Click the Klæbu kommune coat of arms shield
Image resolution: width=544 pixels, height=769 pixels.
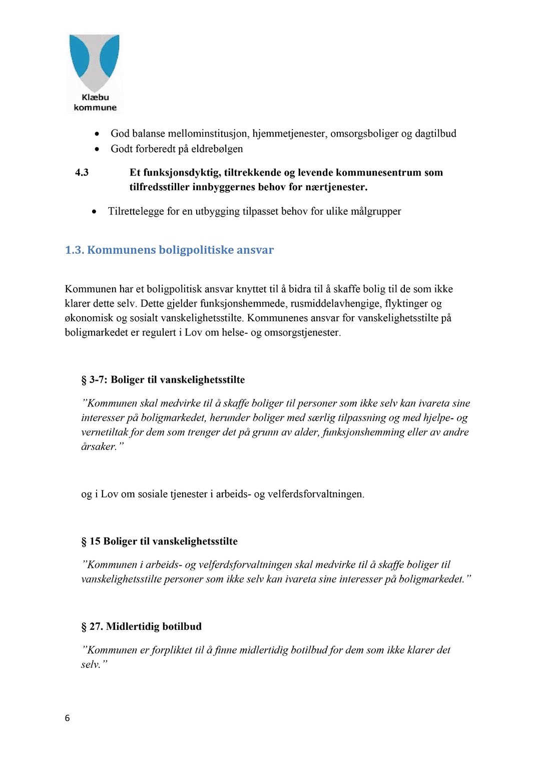[x=95, y=62]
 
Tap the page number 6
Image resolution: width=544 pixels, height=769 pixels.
[x=68, y=718]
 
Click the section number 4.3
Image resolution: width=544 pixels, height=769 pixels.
[x=82, y=173]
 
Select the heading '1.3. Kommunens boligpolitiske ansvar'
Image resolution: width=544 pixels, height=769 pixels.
[x=169, y=250]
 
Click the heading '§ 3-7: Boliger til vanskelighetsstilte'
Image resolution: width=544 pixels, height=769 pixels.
[x=163, y=380]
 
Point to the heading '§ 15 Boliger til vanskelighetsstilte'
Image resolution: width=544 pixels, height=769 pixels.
[x=159, y=541]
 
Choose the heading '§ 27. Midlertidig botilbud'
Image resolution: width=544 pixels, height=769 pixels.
[x=142, y=626]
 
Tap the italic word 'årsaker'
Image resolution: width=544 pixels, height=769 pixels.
[x=99, y=447]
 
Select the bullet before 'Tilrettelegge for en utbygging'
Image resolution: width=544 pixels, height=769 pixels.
[x=95, y=212]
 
